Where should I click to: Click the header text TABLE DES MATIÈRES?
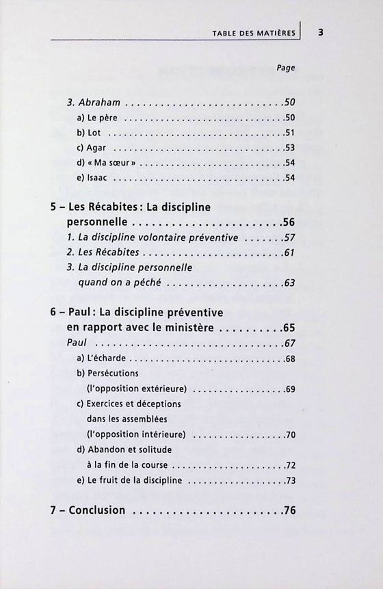[254, 33]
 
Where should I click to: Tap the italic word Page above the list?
[286, 68]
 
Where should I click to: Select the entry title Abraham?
[99, 103]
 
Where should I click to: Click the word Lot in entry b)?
[95, 133]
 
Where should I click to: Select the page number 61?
[289, 253]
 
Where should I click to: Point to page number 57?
[289, 237]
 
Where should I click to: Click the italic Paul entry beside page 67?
[77, 343]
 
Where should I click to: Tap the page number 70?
[289, 434]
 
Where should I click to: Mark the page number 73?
[289, 480]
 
